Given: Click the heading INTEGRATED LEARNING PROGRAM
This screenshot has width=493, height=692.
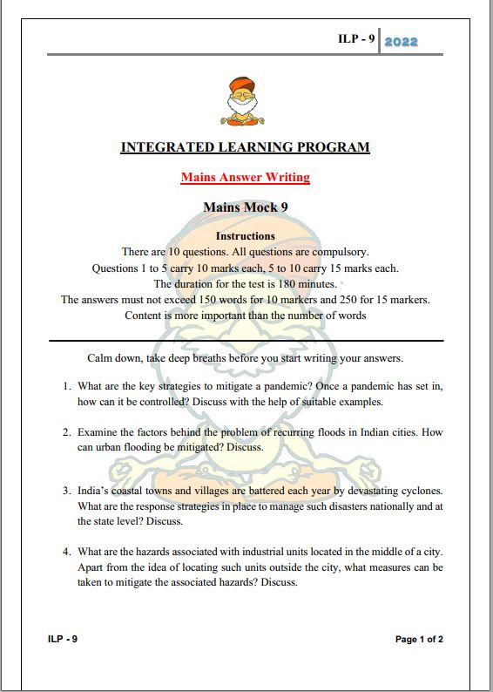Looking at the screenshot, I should click(x=245, y=147).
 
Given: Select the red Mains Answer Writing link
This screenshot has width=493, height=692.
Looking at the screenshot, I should click(x=245, y=178).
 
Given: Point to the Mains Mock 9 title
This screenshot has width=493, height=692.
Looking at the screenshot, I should click(x=245, y=207).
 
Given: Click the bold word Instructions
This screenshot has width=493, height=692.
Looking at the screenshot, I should click(x=245, y=236).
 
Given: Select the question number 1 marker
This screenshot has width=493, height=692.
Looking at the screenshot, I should click(x=66, y=386).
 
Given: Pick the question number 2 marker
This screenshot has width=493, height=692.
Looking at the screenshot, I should click(x=66, y=432).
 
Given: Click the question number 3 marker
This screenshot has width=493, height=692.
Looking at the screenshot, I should click(x=66, y=492).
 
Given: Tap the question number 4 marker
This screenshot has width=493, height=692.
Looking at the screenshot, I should click(x=66, y=553).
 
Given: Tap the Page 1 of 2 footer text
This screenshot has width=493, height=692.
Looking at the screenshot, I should click(x=419, y=640).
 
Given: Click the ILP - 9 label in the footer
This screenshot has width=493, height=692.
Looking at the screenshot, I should click(x=64, y=640).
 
